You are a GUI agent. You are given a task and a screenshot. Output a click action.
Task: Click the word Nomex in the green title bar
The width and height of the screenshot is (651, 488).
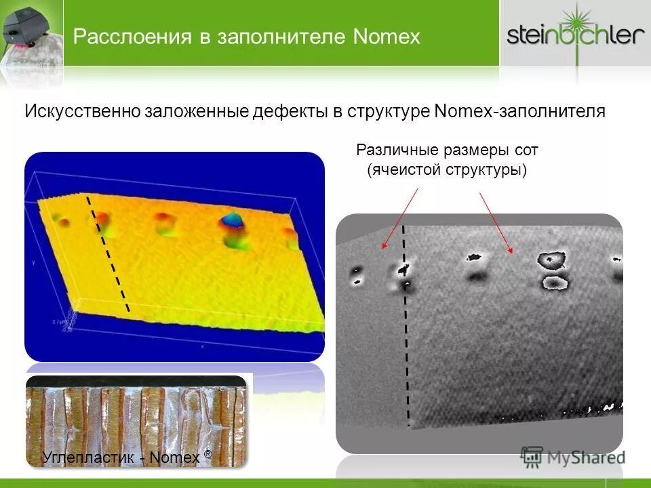pyautogui.click(x=387, y=36)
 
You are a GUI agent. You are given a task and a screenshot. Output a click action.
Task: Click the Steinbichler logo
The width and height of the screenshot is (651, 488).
pyautogui.click(x=575, y=34)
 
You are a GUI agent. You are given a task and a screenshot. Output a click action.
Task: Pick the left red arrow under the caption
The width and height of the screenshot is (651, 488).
pyautogui.click(x=400, y=218)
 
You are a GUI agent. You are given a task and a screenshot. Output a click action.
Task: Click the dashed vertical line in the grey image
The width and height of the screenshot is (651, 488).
pyautogui.click(x=406, y=325)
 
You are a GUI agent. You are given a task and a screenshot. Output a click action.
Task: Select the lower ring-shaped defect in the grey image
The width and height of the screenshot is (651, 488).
pyautogui.click(x=554, y=281)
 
